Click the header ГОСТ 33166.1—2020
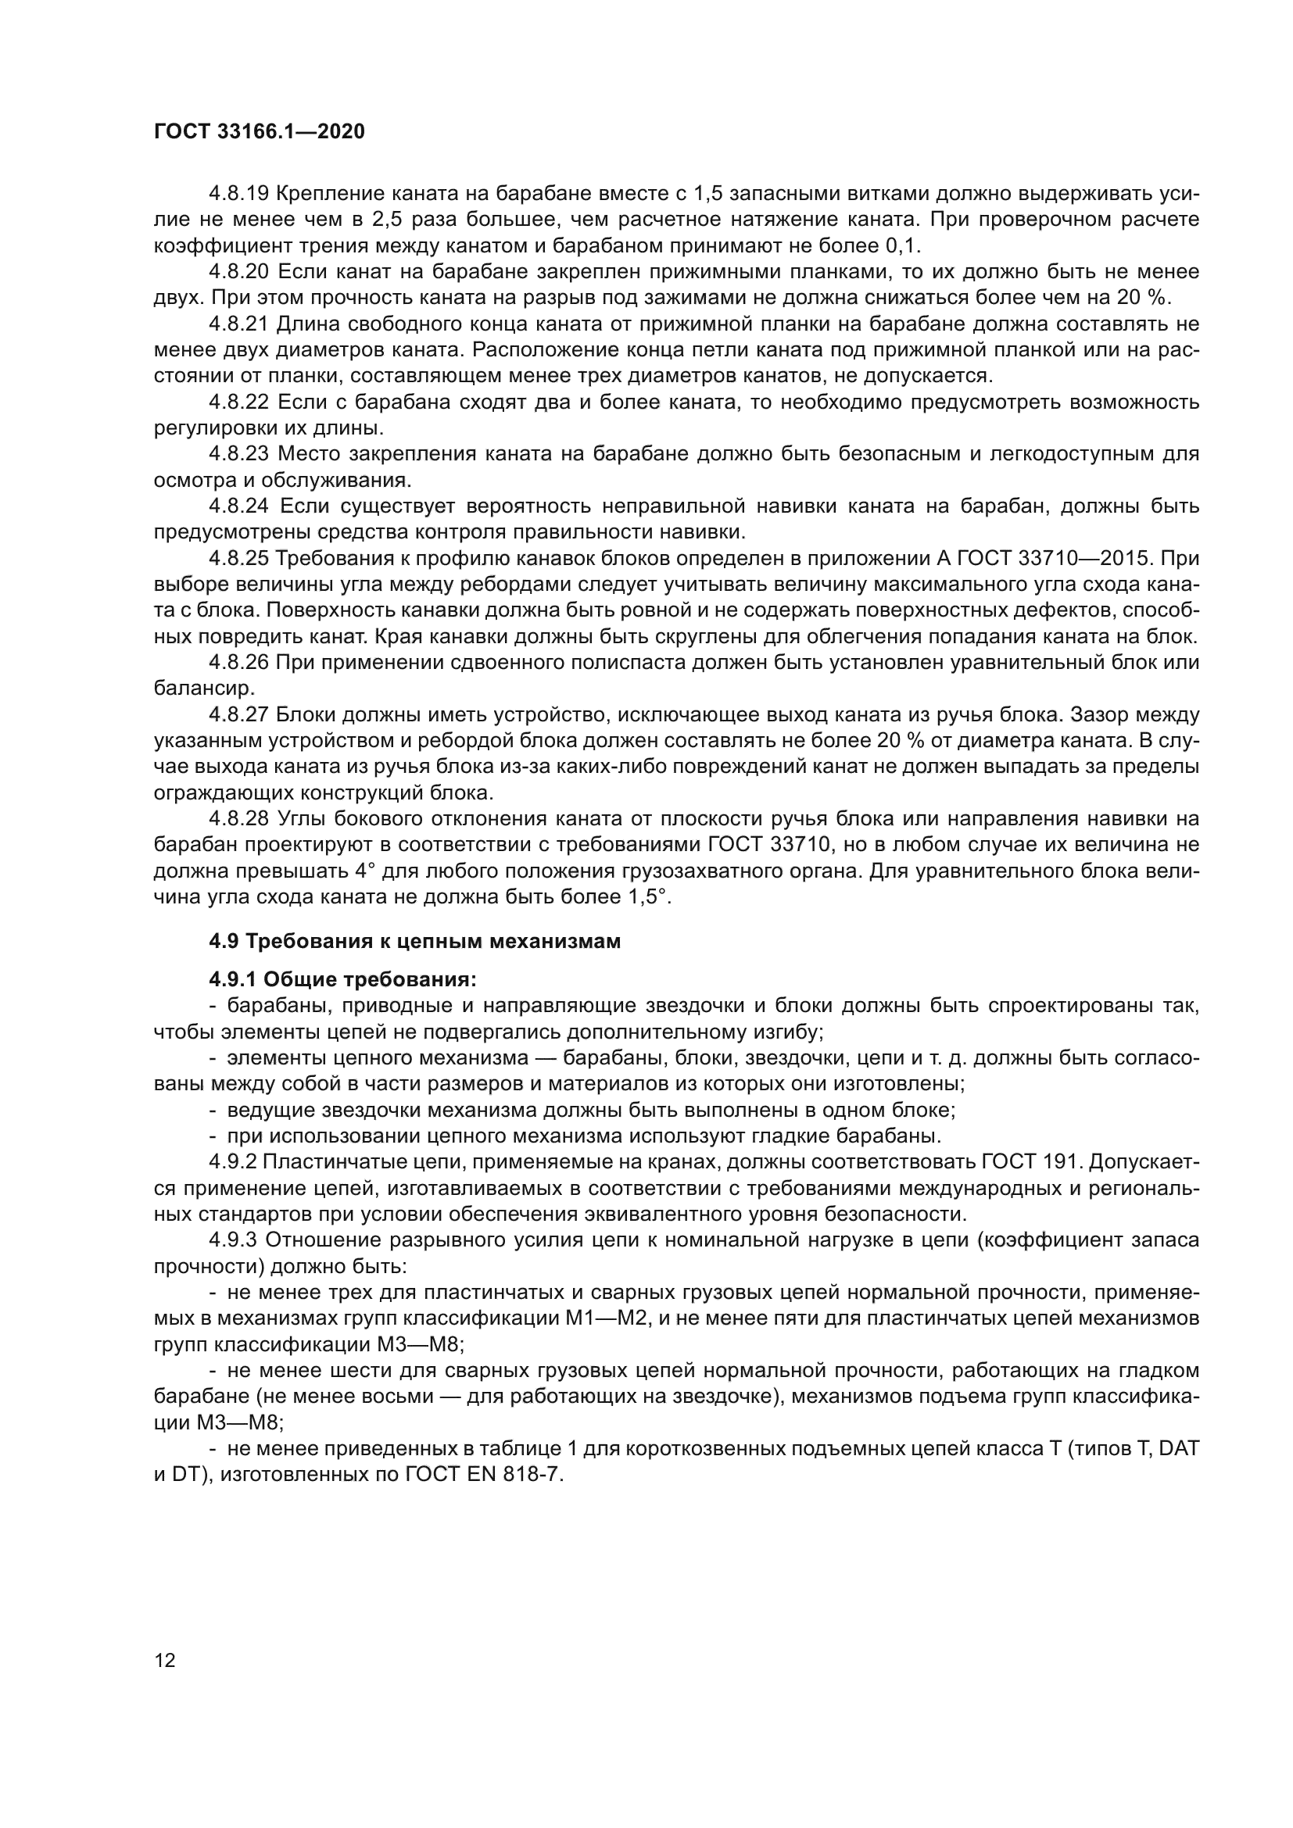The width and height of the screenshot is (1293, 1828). (259, 131)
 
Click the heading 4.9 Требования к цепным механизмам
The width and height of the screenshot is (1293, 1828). (414, 941)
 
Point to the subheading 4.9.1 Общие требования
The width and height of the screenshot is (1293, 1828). (342, 978)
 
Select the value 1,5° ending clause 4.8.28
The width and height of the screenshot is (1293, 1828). (646, 897)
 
